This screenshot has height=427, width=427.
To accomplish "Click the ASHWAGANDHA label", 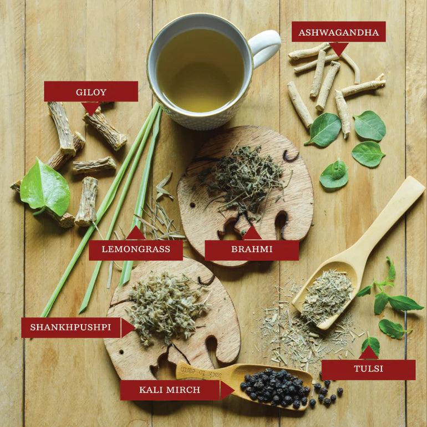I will click(x=338, y=32).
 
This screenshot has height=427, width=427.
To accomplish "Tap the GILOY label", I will click(x=91, y=91).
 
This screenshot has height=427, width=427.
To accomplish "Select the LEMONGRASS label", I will click(x=136, y=250).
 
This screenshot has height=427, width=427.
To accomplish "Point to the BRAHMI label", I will click(x=252, y=250).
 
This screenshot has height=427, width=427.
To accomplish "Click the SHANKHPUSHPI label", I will click(x=70, y=327).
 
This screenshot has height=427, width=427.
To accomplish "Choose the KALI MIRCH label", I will click(x=170, y=390).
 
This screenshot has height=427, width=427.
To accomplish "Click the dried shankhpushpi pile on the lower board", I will click(x=166, y=305).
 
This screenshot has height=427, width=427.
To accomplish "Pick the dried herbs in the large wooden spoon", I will click(x=327, y=294).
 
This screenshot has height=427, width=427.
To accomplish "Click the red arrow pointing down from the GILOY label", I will click(x=90, y=108).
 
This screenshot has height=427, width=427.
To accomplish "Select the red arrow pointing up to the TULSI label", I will click(x=368, y=353).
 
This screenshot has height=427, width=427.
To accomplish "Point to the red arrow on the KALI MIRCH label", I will click(x=226, y=390).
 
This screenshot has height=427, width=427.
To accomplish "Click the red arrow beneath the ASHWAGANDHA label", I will click(x=338, y=48).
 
